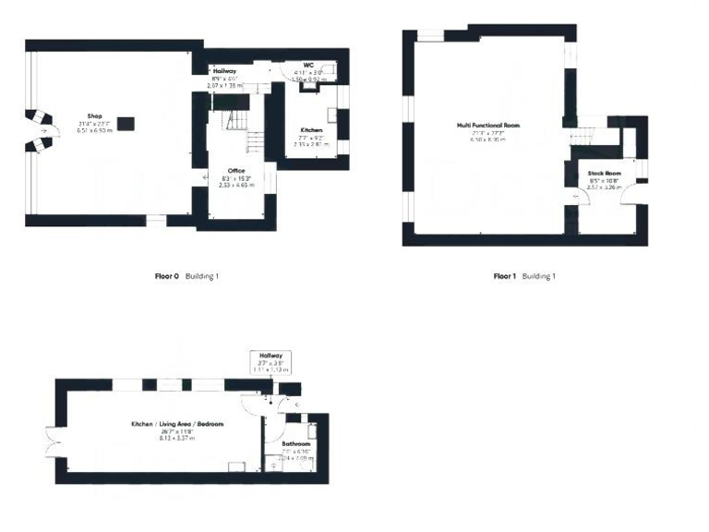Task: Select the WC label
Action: coord(308,66)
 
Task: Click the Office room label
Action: coord(235,171)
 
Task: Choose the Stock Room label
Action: coord(605,173)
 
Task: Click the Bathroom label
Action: coord(296,443)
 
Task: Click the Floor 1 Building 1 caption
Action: coord(524,275)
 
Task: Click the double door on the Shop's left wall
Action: coord(39,131)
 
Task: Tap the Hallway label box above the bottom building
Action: coord(270,362)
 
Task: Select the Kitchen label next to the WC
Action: coord(311,130)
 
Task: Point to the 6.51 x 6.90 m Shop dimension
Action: coord(94,130)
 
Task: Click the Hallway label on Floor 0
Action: coord(225,71)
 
